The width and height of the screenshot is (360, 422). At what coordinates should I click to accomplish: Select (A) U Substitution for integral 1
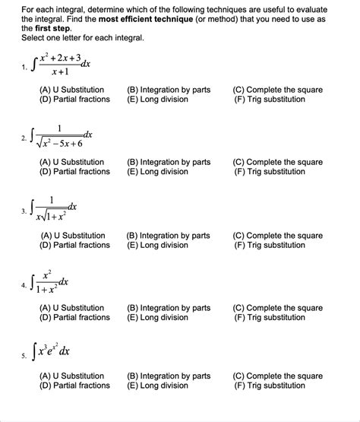71,90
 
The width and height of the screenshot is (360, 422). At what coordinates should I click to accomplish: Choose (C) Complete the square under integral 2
277,162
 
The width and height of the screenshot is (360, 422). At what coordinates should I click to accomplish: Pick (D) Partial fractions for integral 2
74,171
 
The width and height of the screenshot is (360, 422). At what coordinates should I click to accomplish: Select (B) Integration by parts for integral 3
168,236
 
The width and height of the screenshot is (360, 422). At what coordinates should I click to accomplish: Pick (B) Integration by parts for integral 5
169,376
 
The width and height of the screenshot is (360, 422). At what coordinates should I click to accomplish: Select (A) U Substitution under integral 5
71,376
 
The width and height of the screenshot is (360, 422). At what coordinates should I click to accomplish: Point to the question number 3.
24,211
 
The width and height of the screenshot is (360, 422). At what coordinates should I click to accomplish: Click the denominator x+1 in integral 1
60,71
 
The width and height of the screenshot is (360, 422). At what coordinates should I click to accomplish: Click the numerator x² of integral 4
49,274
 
